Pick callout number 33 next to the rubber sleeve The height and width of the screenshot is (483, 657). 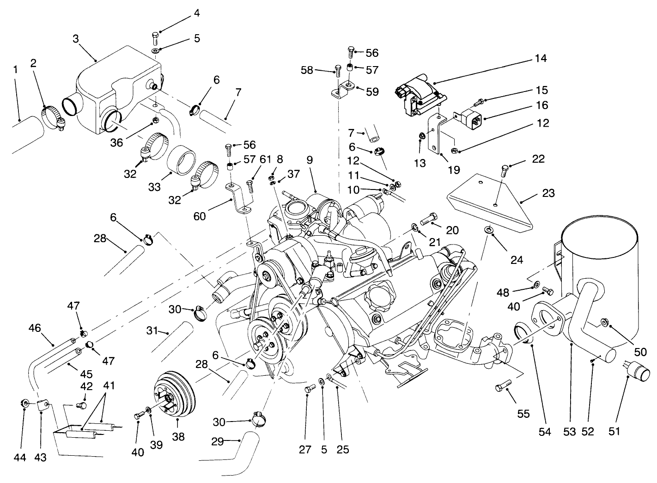pyautogui.click(x=154, y=187)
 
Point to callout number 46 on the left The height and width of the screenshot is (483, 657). pyautogui.click(x=35, y=328)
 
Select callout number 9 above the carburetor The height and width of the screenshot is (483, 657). pyautogui.click(x=309, y=160)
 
